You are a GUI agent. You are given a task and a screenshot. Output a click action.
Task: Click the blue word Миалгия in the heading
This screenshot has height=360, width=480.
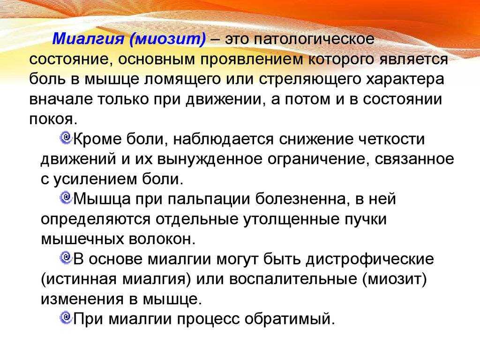click(88, 39)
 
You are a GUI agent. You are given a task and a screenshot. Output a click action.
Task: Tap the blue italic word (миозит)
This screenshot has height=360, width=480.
click(168, 39)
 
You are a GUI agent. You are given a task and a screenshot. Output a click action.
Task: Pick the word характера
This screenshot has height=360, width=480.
click(405, 80)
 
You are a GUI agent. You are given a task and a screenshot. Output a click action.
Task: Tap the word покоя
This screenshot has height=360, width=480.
click(52, 120)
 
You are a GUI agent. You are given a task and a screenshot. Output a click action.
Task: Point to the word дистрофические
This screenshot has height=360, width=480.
click(370, 260)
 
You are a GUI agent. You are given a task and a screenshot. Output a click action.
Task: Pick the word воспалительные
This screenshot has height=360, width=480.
click(293, 279)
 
